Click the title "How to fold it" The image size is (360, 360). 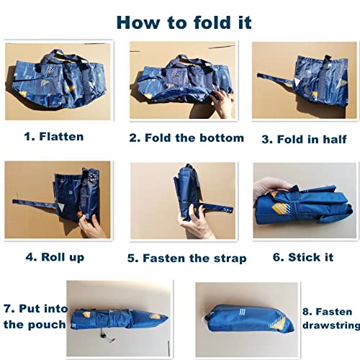pos(184,22)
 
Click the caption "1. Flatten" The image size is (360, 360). pos(54,137)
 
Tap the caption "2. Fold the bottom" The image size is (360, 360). pos(186,138)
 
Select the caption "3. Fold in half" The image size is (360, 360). pos(304,139)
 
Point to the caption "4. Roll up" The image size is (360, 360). pos(55,257)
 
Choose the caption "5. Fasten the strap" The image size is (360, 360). pos(186,258)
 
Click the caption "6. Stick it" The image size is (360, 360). pos(303,257)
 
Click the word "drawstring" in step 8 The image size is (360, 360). pos(331,325)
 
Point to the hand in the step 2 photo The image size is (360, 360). pos(222,102)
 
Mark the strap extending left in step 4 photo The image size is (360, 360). pos(35,204)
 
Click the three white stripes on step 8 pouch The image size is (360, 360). pos(242,312)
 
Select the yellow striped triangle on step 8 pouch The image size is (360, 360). pos(279,323)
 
